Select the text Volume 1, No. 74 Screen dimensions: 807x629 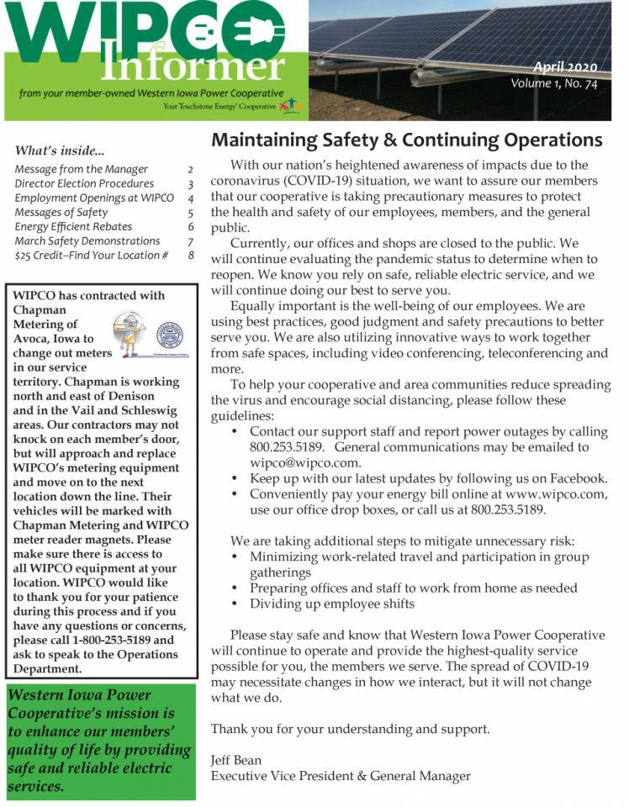(x=559, y=84)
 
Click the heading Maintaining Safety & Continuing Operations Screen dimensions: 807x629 (x=406, y=140)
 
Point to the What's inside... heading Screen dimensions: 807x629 (x=60, y=151)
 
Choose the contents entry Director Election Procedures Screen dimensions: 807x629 (x=84, y=183)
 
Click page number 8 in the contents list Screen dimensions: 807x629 (x=191, y=255)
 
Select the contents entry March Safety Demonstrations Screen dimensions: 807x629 (x=87, y=240)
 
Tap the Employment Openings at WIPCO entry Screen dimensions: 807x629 (x=93, y=198)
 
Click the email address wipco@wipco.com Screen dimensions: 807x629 (x=305, y=462)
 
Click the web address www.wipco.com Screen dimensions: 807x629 (x=555, y=494)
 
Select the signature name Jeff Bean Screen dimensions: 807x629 (x=235, y=760)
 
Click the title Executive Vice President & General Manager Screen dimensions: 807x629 (x=341, y=776)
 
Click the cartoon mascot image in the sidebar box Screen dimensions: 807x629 (x=129, y=334)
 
